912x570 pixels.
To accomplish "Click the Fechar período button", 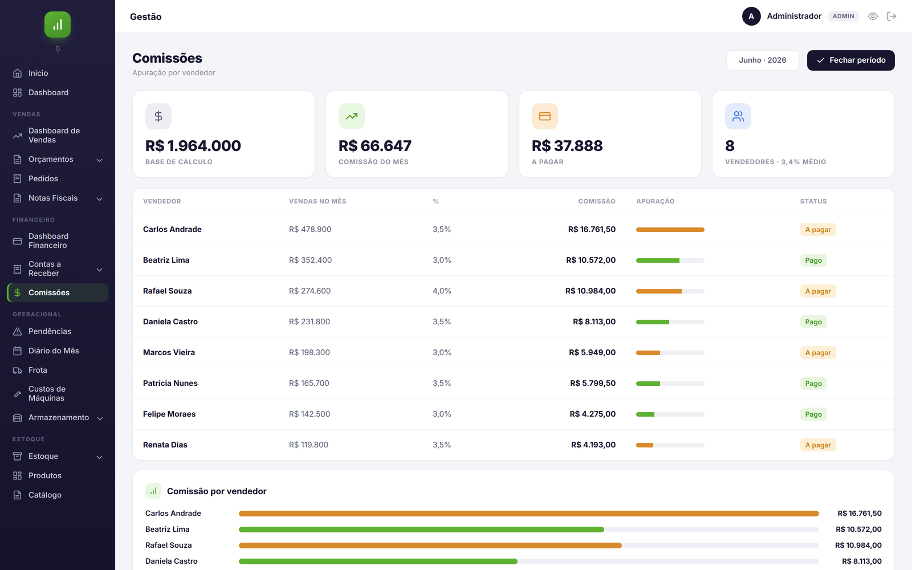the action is tap(850, 60).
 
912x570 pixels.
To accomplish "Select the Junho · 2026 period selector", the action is tap(762, 60).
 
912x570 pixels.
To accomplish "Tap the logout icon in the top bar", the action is tap(891, 17).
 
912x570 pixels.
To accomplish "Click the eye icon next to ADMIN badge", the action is tap(873, 17).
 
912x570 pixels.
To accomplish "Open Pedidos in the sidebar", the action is tap(43, 178).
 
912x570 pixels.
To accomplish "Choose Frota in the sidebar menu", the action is tap(38, 370).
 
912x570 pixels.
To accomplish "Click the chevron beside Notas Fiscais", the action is tap(99, 199).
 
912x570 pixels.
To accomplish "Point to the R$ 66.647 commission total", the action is tap(375, 146).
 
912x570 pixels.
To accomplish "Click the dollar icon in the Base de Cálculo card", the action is tap(158, 116).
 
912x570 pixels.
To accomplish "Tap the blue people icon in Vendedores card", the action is tap(738, 116).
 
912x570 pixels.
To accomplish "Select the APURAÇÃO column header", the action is tap(655, 201).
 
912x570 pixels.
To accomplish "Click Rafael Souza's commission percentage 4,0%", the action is tap(442, 291).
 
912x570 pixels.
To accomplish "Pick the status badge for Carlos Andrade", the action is tap(817, 229).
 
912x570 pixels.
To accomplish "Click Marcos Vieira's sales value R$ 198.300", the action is tap(310, 352).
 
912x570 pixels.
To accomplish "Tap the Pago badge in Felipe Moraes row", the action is tap(813, 414).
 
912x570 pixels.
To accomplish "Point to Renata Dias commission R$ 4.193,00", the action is tap(593, 445).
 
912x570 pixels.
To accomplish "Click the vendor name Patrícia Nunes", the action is tap(170, 383).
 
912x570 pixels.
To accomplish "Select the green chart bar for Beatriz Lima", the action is tap(421, 530).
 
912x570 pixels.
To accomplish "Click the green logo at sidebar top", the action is tap(58, 25).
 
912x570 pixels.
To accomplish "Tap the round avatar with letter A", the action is tap(751, 17).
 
